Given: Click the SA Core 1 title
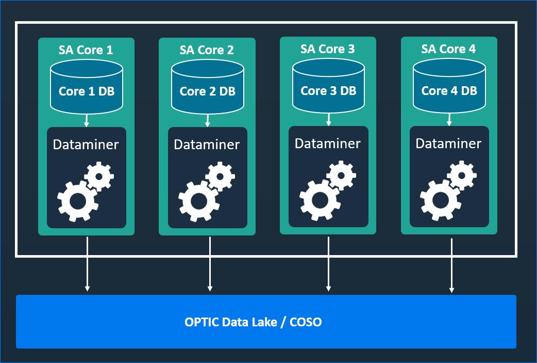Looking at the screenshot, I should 86,50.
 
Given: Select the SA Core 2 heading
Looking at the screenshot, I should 207,50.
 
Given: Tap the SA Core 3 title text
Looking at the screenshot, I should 328,49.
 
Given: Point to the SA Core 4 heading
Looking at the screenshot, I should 448,49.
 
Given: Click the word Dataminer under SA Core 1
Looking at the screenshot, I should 86,145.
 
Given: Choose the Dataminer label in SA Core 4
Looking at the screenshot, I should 448,144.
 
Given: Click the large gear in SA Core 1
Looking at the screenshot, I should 77,201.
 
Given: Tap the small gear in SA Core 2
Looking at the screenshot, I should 220,177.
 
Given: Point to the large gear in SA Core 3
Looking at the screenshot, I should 319,200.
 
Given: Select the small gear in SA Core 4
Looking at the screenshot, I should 462,176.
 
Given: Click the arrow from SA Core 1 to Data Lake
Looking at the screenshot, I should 87,263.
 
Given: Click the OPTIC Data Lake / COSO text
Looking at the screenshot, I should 253,322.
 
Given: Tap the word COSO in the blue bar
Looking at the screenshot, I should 306,322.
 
